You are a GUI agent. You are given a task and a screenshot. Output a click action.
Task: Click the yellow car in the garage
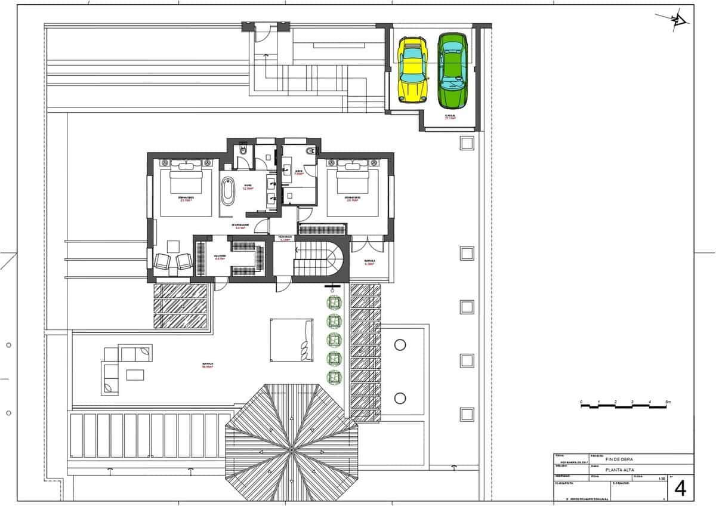pyautogui.click(x=412, y=69)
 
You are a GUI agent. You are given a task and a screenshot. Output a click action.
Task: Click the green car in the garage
pyautogui.click(x=452, y=69)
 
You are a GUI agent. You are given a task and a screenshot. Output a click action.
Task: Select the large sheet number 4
pyautogui.click(x=680, y=488)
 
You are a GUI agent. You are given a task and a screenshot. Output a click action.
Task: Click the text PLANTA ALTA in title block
pyautogui.click(x=619, y=470)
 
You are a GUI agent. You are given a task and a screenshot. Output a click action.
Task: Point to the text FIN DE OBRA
pyautogui.click(x=619, y=459)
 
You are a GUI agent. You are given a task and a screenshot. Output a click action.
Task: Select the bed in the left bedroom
pyautogui.click(x=187, y=190)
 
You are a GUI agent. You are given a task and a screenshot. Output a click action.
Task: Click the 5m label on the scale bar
pyautogui.click(x=668, y=402)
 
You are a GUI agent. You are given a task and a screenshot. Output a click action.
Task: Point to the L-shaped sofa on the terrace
pyautogui.click(x=122, y=365)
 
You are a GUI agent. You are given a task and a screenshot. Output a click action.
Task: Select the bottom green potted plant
pyautogui.click(x=334, y=377)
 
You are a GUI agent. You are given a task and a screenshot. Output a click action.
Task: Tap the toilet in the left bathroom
pyautogui.click(x=242, y=152)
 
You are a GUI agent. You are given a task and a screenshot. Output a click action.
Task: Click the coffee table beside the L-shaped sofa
pyautogui.click(x=134, y=375)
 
